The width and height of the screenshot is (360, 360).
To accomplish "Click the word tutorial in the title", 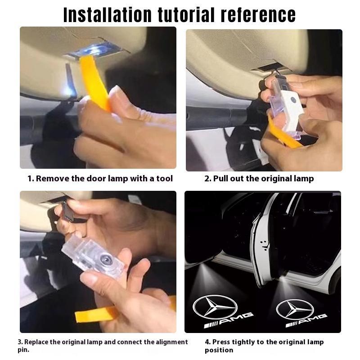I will pos(191,14).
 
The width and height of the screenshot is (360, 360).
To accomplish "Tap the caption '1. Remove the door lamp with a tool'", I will pos(100,179).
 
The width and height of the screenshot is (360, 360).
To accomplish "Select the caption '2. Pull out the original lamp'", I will pos(259,179).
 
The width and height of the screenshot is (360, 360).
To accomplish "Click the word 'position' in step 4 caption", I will pos(219,350).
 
